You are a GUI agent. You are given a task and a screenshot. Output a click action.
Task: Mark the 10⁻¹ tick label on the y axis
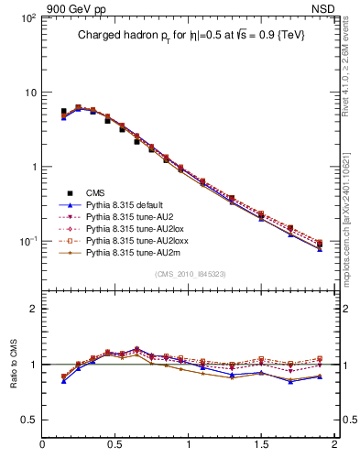click(25, 241)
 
